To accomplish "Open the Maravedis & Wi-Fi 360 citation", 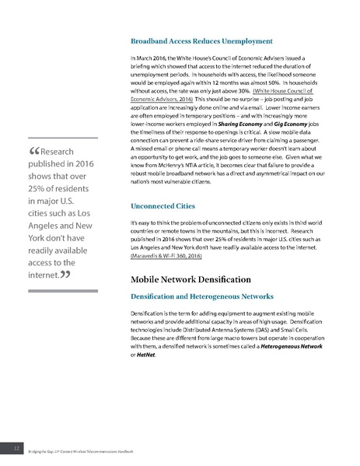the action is (168, 255).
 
